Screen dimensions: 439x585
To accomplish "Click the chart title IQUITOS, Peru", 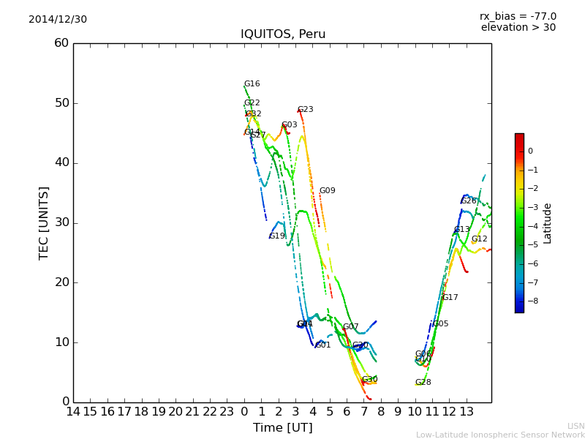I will [283, 34].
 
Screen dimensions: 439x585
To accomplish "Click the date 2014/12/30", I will [58, 20].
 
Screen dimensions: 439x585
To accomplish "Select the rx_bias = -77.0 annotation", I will [518, 16].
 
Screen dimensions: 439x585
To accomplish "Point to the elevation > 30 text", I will [518, 28].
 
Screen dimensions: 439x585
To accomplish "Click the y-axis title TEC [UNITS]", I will [44, 223].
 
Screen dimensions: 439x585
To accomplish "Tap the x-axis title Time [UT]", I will [282, 428].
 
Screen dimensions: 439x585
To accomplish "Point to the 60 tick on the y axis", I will [61, 43].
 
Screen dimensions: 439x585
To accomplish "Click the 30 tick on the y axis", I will [61, 222].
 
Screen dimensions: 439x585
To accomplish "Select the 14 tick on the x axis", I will [73, 412].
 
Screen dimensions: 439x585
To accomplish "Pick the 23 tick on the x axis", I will [227, 412].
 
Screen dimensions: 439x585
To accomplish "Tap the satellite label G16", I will [252, 84].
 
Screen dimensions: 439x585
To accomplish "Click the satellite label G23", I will [305, 110].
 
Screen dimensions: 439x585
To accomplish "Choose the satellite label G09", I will [327, 191].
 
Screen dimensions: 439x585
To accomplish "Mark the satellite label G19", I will [277, 236].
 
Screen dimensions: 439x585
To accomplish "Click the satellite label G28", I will [423, 383].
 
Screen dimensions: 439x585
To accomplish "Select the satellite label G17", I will [450, 298].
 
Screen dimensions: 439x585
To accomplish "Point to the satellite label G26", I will [468, 201].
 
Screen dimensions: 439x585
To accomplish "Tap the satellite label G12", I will [479, 239].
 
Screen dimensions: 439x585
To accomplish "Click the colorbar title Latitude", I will [548, 223].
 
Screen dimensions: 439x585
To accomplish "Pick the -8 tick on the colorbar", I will [531, 300].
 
